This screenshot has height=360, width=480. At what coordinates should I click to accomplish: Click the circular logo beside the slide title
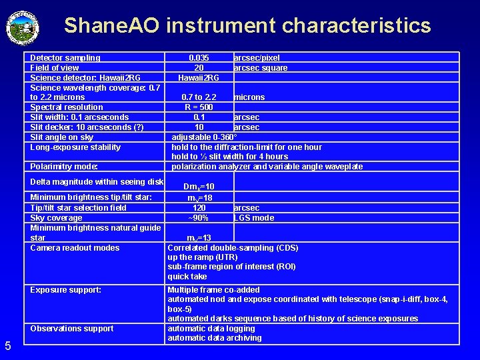[23, 26]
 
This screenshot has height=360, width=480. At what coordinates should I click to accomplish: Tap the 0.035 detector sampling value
[199, 58]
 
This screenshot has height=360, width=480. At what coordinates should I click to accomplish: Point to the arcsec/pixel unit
[257, 58]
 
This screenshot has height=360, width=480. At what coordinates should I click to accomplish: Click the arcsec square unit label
[260, 68]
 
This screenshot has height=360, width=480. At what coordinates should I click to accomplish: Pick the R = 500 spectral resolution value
[199, 107]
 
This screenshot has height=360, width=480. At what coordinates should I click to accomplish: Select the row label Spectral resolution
[67, 107]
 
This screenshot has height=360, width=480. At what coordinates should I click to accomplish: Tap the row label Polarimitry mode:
[64, 167]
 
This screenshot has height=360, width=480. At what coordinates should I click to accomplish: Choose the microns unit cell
[249, 97]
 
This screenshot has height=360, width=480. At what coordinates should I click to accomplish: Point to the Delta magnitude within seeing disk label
[97, 182]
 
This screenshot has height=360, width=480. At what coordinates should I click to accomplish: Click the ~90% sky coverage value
[199, 218]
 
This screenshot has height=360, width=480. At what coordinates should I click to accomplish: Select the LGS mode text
[253, 218]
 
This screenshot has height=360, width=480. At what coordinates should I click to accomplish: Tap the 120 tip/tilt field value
[199, 208]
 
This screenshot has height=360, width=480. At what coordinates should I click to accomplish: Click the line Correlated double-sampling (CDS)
[233, 248]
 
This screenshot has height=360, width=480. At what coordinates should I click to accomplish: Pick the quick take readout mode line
[187, 277]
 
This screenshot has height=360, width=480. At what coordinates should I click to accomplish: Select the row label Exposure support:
[66, 290]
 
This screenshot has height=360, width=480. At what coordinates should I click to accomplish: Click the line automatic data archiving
[214, 338]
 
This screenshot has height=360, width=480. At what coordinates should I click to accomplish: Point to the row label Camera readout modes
[75, 248]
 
